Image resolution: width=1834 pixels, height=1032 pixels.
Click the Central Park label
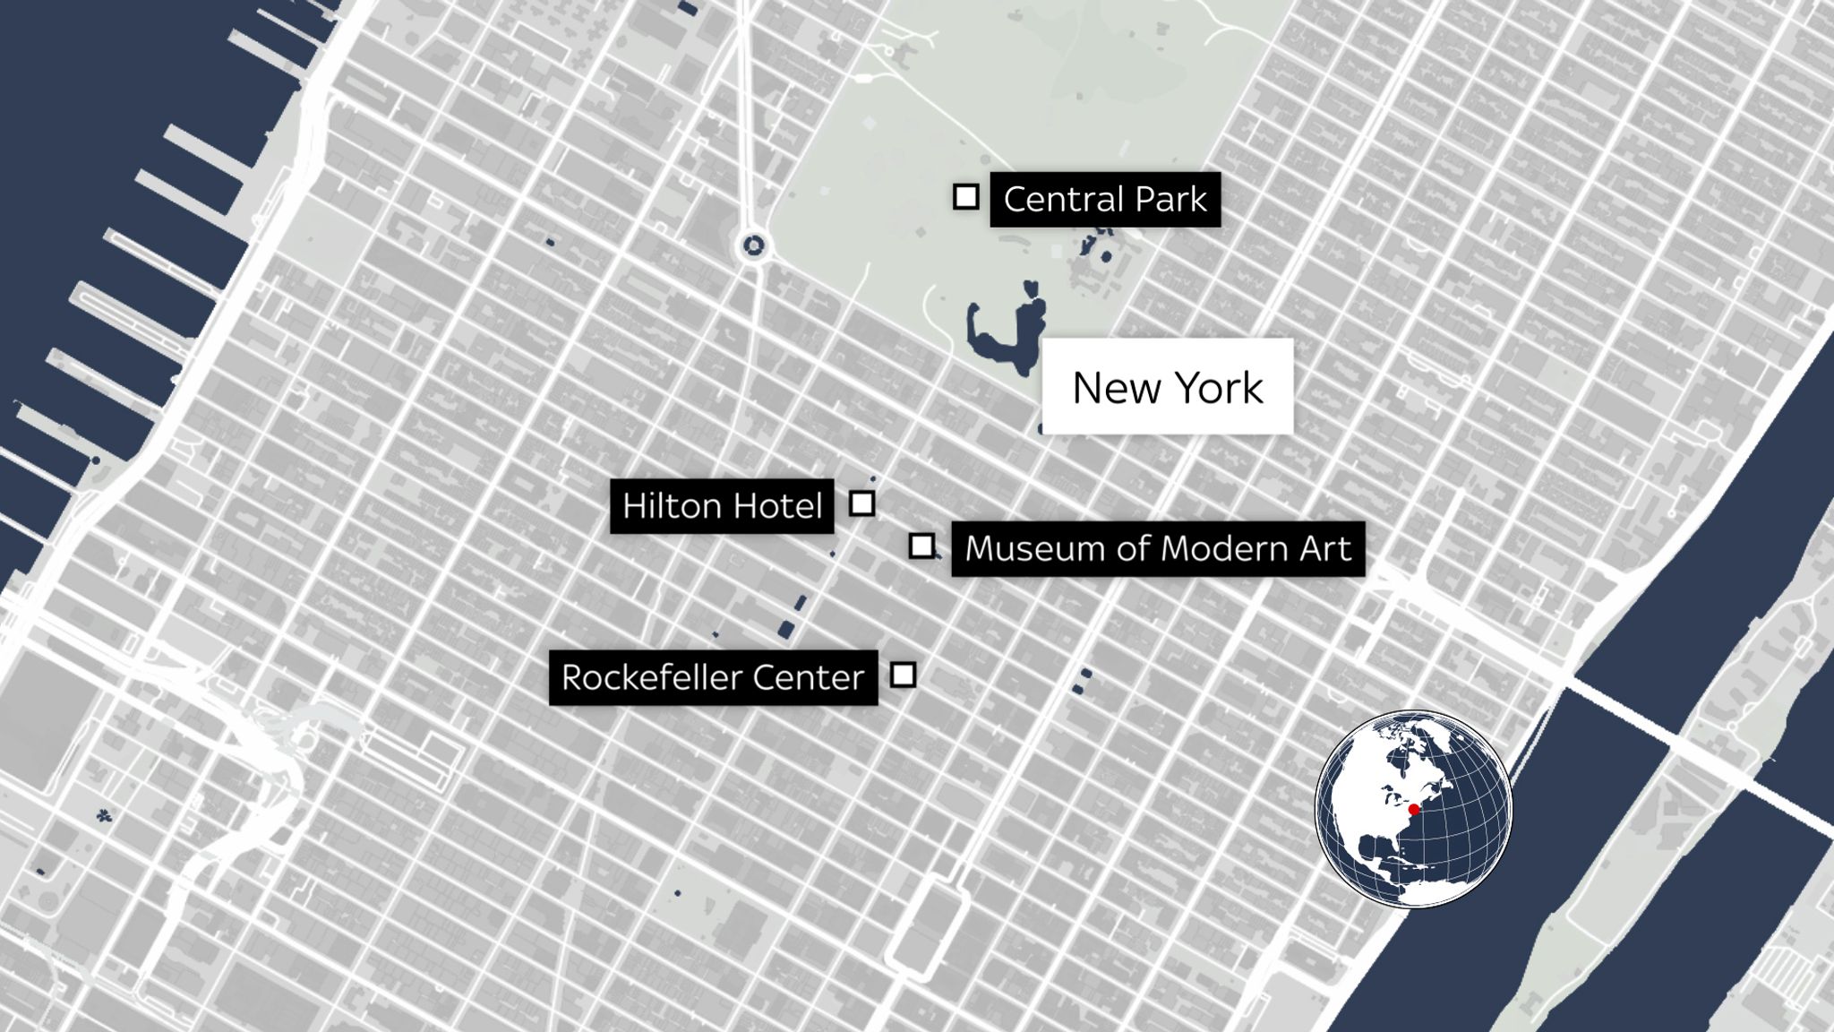pyautogui.click(x=1104, y=199)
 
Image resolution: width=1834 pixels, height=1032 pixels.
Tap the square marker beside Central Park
pyautogui.click(x=965, y=196)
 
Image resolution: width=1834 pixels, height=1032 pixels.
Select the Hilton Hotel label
pyautogui.click(x=722, y=506)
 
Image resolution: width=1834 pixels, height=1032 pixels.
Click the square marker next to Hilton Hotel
pyautogui.click(x=861, y=503)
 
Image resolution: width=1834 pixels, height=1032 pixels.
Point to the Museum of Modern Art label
pyautogui.click(x=1157, y=548)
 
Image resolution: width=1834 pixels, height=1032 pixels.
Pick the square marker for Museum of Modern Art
pyautogui.click(x=921, y=546)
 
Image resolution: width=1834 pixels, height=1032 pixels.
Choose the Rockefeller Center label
pyautogui.click(x=713, y=677)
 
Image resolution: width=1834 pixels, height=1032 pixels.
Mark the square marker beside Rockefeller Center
pyautogui.click(x=903, y=675)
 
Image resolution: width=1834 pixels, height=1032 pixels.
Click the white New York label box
pyautogui.click(x=1167, y=387)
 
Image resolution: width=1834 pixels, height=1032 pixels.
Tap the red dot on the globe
pyautogui.click(x=1414, y=810)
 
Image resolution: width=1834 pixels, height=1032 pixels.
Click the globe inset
pyautogui.click(x=1413, y=809)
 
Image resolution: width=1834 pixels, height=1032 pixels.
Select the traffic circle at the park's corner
pyautogui.click(x=753, y=245)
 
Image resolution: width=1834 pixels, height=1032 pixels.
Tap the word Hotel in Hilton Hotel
pyautogui.click(x=776, y=506)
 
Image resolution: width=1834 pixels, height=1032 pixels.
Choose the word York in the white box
pyautogui.click(x=1218, y=387)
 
